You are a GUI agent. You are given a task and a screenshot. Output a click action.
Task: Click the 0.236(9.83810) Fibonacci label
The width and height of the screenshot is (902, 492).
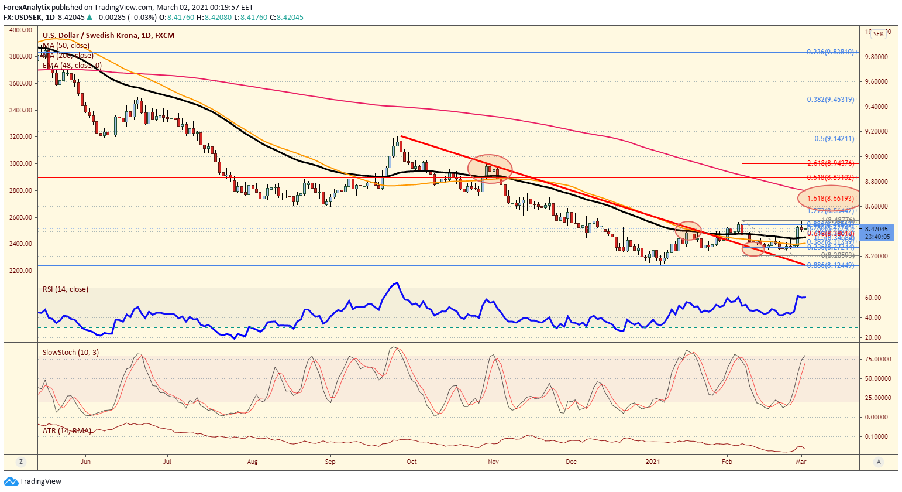(830, 52)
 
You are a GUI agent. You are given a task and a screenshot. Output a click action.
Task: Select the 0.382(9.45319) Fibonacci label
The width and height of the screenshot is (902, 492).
(830, 100)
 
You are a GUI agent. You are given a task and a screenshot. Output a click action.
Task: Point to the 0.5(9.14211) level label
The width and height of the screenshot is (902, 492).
(834, 139)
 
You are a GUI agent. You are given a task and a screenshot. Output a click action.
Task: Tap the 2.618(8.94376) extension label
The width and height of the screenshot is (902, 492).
(830, 163)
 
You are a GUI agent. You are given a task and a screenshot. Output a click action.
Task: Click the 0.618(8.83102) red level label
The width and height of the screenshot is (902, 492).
(830, 177)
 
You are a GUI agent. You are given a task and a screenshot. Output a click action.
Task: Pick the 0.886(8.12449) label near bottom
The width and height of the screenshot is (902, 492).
(830, 265)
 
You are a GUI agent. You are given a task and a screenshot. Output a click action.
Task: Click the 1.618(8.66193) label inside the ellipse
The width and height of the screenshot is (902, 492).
(830, 199)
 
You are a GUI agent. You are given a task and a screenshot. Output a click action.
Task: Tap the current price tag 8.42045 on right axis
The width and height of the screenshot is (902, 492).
(876, 229)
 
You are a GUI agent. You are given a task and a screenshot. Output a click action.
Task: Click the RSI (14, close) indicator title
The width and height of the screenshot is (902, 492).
(66, 289)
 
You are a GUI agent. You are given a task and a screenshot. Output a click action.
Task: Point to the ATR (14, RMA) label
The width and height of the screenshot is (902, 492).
(67, 430)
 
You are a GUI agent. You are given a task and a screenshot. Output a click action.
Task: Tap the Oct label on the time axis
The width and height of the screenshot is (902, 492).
(412, 462)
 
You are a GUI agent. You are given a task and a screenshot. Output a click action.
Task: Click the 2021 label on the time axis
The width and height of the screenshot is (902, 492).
(653, 462)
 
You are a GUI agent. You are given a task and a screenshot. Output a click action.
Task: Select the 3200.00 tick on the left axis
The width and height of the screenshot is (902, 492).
(20, 137)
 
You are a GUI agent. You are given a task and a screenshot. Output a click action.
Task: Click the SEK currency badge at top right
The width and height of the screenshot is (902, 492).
(878, 35)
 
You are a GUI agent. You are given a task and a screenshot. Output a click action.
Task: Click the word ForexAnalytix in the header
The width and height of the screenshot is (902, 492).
(26, 8)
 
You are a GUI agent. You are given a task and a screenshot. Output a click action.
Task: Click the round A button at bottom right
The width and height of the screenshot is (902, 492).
(878, 462)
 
